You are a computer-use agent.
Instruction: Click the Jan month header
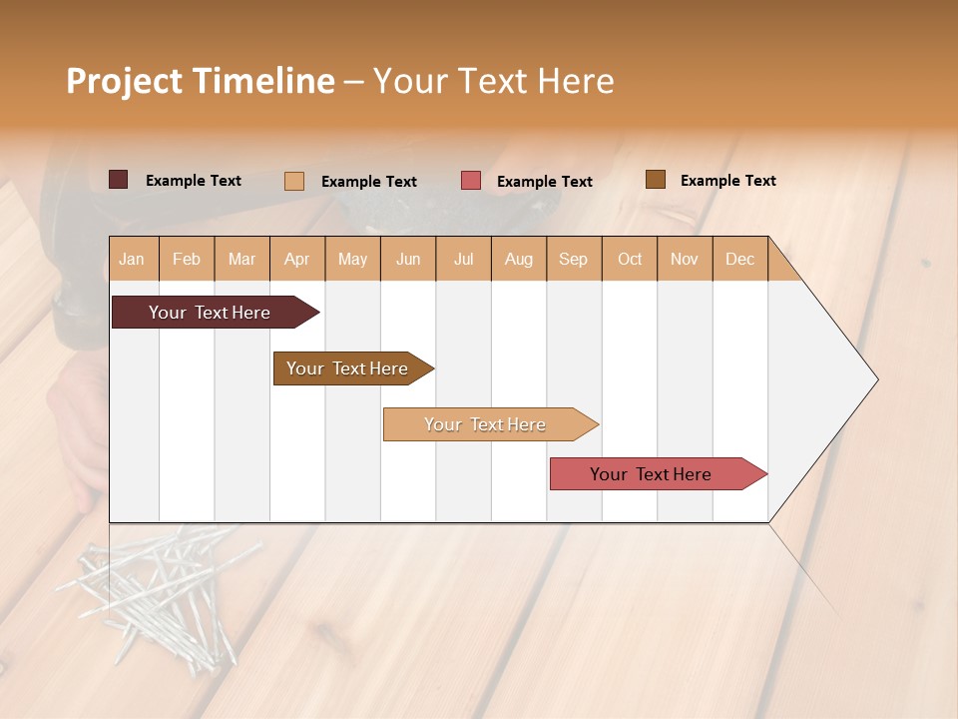click(132, 259)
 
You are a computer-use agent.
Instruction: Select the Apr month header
click(297, 259)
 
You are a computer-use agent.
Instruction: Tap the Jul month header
click(463, 259)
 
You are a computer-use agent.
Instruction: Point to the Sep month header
click(573, 259)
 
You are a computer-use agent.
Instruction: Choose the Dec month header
click(739, 259)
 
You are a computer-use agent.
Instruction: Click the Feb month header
click(187, 259)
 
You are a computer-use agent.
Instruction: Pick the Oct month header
click(630, 259)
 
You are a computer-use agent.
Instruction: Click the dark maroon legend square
click(119, 180)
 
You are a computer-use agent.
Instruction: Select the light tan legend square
click(294, 181)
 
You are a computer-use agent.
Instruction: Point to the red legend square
click(471, 181)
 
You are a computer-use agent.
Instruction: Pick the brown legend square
click(655, 180)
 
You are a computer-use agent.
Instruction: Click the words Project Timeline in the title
click(201, 81)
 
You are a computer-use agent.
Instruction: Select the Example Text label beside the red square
click(544, 182)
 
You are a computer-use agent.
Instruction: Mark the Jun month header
click(408, 259)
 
